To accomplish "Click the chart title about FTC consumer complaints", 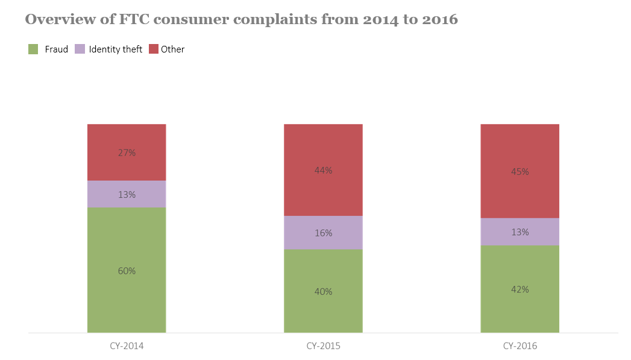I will click(241, 19).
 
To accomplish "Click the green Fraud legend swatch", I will click(33, 49).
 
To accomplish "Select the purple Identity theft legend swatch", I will click(80, 49).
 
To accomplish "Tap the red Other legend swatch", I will click(153, 49).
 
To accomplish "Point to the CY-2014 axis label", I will click(127, 346).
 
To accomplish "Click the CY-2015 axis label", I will click(323, 346).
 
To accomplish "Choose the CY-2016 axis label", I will click(520, 346).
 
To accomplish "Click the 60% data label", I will click(127, 271).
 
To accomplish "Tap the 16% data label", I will click(323, 233).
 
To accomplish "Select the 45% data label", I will click(520, 172).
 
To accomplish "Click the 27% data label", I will click(127, 153).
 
